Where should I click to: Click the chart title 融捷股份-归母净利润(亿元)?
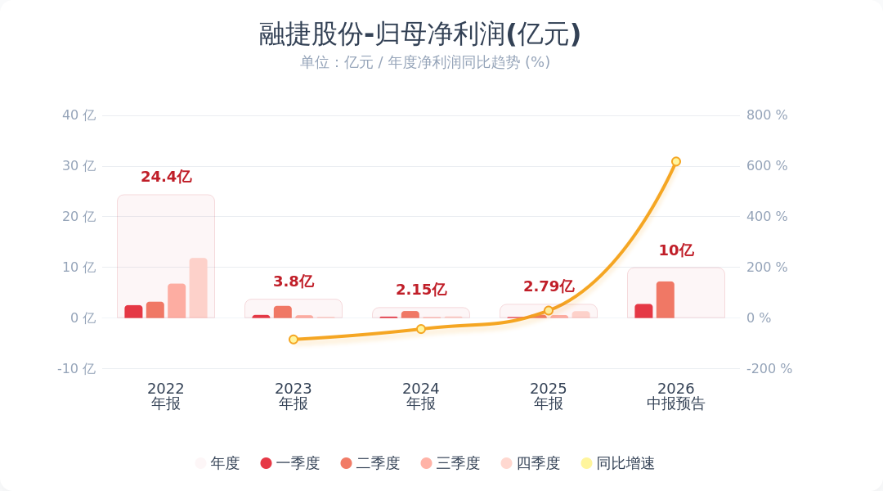(419, 34)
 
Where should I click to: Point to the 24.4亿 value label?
(166, 177)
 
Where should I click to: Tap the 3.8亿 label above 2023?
(294, 282)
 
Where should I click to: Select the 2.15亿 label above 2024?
(421, 290)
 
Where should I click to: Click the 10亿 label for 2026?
(676, 250)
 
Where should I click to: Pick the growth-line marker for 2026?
(676, 162)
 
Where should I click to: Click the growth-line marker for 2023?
(294, 340)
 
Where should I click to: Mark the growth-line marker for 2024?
(421, 329)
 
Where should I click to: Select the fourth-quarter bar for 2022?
(198, 288)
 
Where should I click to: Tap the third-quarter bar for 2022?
(177, 301)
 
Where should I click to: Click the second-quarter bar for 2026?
(666, 300)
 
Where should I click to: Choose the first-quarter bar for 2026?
(643, 311)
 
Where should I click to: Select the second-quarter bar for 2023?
(283, 313)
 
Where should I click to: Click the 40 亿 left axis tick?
(78, 115)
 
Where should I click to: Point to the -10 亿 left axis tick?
(77, 369)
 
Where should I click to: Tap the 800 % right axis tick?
(767, 115)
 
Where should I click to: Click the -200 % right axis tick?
(769, 369)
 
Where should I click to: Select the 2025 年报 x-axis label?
(549, 396)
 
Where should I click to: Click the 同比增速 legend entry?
(618, 463)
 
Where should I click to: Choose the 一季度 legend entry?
(290, 463)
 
